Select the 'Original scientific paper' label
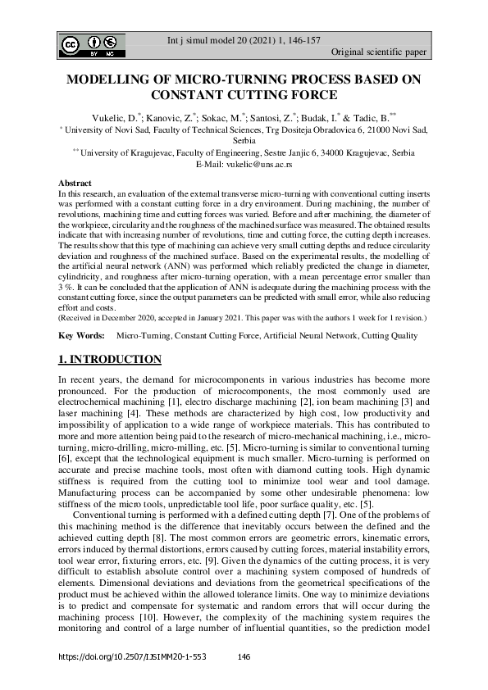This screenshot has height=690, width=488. click(x=378, y=52)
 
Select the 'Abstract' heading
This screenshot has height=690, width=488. click(x=75, y=182)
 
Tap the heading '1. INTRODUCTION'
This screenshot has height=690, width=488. click(x=110, y=360)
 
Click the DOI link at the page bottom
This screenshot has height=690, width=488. click(x=131, y=657)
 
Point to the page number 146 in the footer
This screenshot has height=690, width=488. click(x=243, y=657)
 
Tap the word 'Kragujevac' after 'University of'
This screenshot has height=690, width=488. click(x=160, y=152)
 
